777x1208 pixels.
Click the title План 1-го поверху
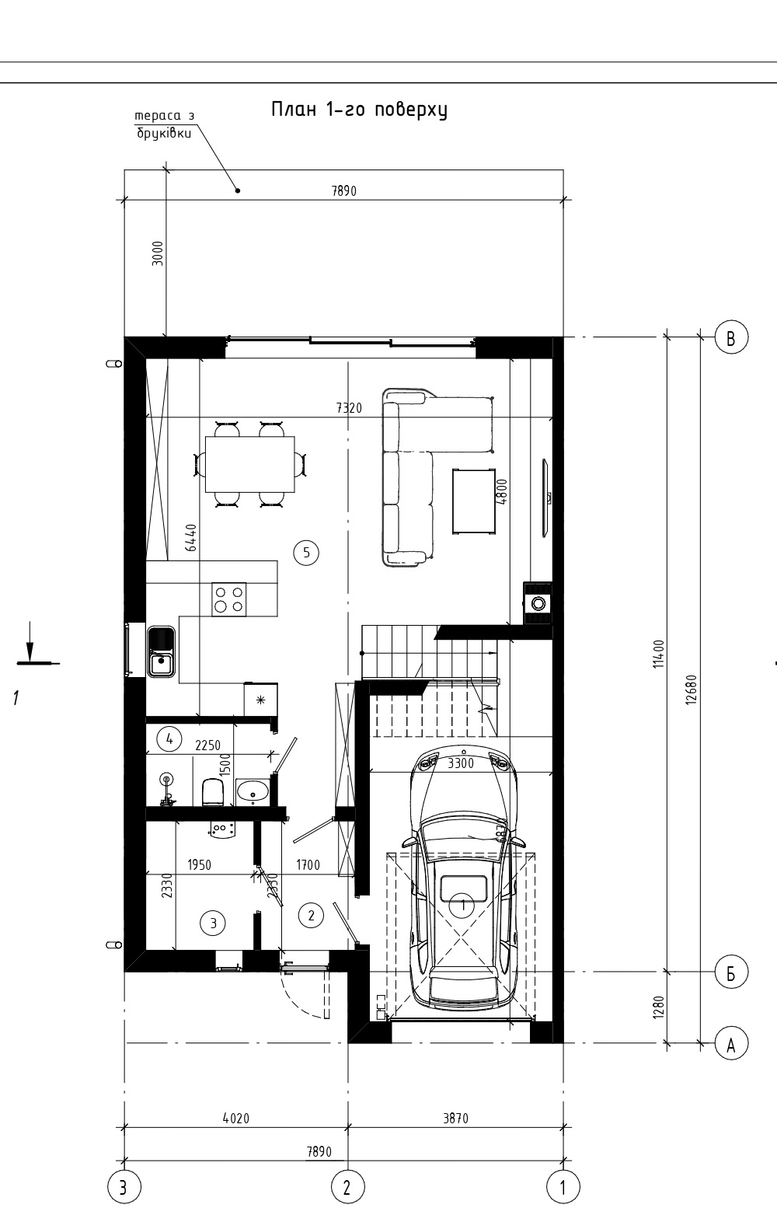coord(359,110)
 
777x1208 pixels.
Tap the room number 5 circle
coord(306,552)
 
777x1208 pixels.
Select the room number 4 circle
coord(169,738)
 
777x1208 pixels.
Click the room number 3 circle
coord(213,923)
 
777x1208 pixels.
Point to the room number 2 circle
coord(311,915)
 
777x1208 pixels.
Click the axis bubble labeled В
coord(731,337)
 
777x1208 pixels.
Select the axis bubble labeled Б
coord(731,972)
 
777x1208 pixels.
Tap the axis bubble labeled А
coord(731,1043)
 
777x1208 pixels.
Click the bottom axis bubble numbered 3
coord(124,1187)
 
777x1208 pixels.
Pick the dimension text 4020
coord(236,1119)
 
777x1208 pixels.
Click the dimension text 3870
coord(456,1119)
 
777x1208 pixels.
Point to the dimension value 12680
coord(692,690)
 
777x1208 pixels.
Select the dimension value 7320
coord(349,407)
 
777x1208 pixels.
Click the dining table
coord(249,464)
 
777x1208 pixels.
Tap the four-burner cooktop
coord(228,599)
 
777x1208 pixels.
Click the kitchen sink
coord(161,652)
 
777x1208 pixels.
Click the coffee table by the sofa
coord(474,501)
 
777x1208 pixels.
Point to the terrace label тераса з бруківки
coord(165,124)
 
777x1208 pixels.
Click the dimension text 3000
coord(158,253)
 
